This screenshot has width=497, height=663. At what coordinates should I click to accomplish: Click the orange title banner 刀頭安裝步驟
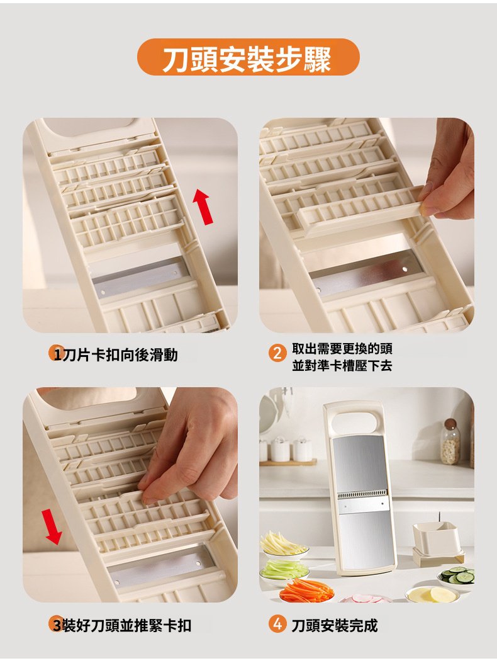tap(248, 57)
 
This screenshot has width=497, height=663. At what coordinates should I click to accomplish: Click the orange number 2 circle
tap(277, 353)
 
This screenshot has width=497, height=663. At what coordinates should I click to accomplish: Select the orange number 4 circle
tap(277, 624)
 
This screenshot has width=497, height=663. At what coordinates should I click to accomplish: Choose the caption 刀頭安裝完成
tap(334, 625)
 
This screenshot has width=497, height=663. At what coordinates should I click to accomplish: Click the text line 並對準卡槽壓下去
tap(342, 365)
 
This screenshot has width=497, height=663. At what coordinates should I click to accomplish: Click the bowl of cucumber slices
tap(457, 576)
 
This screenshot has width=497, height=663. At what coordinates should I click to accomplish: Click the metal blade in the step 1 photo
tap(140, 278)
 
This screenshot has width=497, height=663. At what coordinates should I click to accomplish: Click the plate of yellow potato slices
tap(432, 594)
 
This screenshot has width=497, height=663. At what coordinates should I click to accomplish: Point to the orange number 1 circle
tap(57, 353)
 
